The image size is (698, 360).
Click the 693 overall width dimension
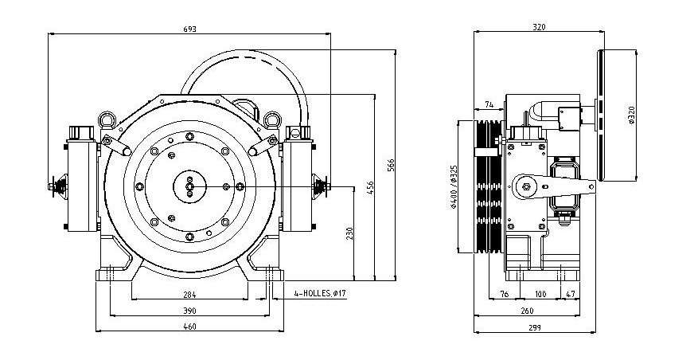(189, 29)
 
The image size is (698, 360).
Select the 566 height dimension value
(392, 164)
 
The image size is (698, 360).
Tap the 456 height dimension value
(369, 187)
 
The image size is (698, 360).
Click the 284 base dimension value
(189, 295)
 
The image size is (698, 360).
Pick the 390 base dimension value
(189, 310)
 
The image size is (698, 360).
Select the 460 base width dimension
(189, 326)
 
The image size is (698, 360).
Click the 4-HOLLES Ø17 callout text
(321, 295)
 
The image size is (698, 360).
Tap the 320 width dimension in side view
(539, 28)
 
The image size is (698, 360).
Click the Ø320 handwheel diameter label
(630, 115)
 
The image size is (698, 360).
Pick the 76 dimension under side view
(505, 295)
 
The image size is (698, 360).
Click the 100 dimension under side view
(540, 295)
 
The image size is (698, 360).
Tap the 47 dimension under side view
(571, 295)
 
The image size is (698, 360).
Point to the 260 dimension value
(526, 310)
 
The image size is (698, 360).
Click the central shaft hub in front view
(189, 186)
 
